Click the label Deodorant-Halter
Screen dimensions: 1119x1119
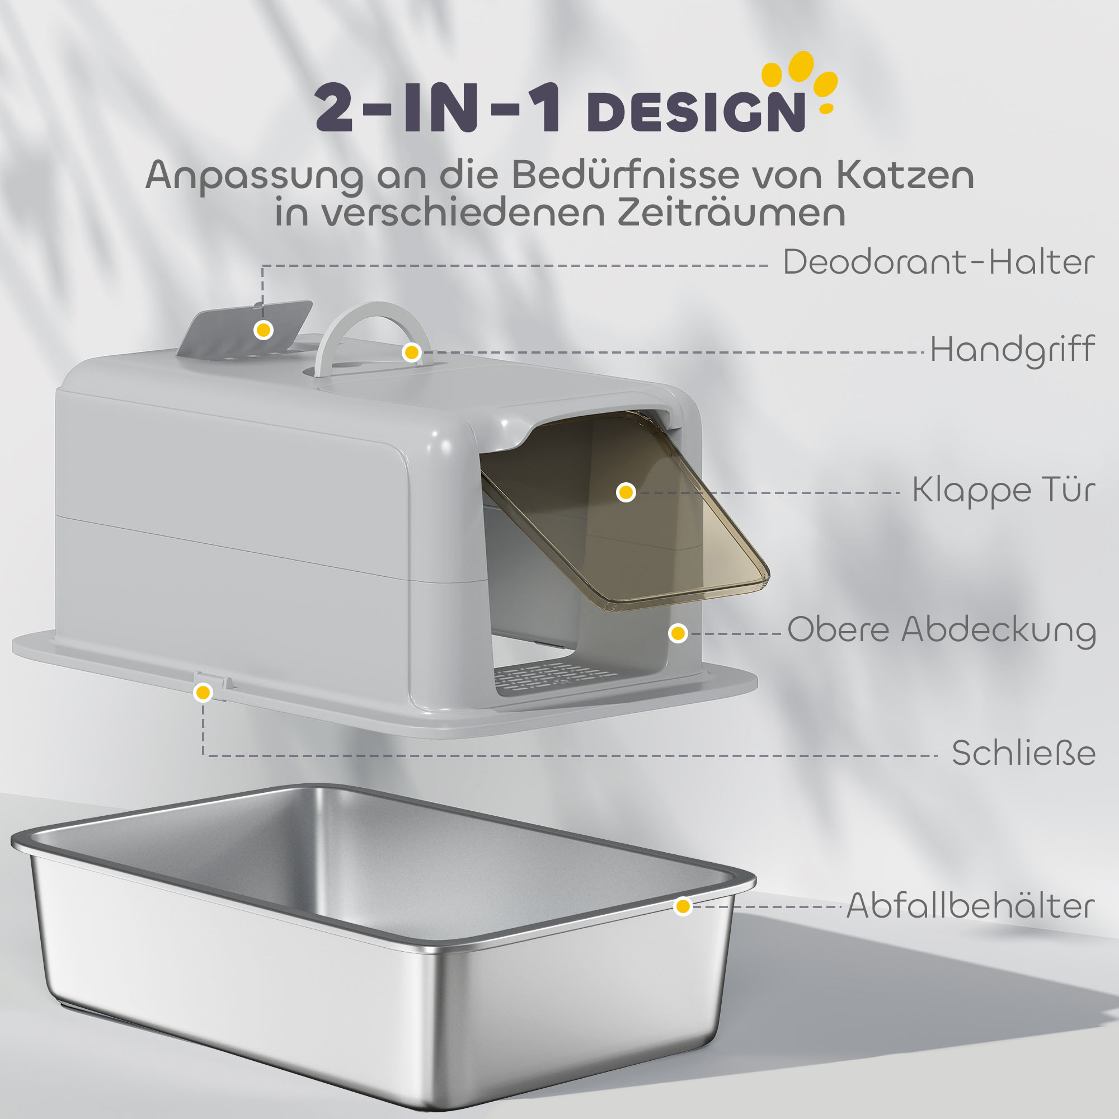pyautogui.click(x=938, y=262)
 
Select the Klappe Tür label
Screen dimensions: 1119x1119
pyautogui.click(x=1003, y=490)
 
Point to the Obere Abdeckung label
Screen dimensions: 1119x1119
pyautogui.click(x=941, y=629)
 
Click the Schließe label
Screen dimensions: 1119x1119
pyautogui.click(x=1023, y=753)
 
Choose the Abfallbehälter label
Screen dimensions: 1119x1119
pyautogui.click(x=970, y=905)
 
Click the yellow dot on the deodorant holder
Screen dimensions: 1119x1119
pyautogui.click(x=264, y=330)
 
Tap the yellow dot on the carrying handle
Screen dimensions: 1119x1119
pyautogui.click(x=412, y=351)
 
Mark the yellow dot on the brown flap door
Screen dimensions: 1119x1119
pyautogui.click(x=626, y=492)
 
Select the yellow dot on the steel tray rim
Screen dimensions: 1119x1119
pyautogui.click(x=684, y=906)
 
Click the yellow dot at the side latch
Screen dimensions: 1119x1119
pyautogui.click(x=203, y=692)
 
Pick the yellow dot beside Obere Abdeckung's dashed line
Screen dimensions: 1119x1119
pyautogui.click(x=678, y=633)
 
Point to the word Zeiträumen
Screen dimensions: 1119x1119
pyautogui.click(x=730, y=213)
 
